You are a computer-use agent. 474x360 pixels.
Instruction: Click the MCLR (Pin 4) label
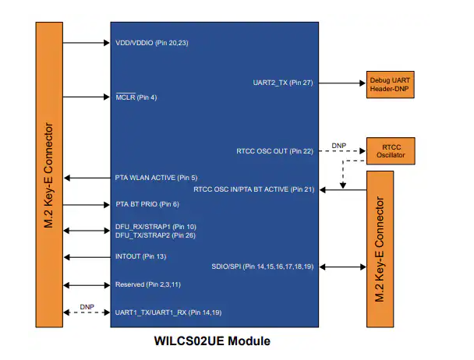point(136,97)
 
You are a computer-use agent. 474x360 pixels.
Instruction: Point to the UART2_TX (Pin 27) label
point(283,83)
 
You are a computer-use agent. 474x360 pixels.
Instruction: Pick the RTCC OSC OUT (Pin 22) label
point(274,150)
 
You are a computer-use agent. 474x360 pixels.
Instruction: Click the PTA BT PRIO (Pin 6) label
point(147,204)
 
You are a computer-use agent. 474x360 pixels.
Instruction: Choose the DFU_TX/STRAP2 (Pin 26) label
point(155,235)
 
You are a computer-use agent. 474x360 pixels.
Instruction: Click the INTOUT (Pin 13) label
point(140,256)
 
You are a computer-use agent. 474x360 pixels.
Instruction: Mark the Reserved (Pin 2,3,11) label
point(147,284)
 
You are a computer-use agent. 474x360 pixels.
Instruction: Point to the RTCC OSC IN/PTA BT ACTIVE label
point(253,189)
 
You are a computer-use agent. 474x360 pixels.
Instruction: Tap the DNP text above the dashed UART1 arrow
point(87,307)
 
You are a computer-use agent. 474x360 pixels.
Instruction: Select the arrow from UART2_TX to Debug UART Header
point(341,83)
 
